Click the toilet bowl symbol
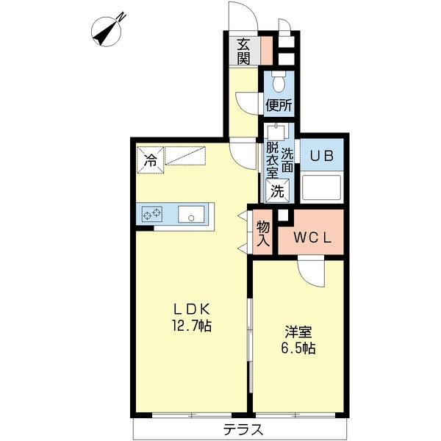click(279, 82)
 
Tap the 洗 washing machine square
click(276, 191)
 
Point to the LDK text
click(189, 309)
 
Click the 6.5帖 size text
click(298, 348)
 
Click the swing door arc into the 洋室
click(312, 273)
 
